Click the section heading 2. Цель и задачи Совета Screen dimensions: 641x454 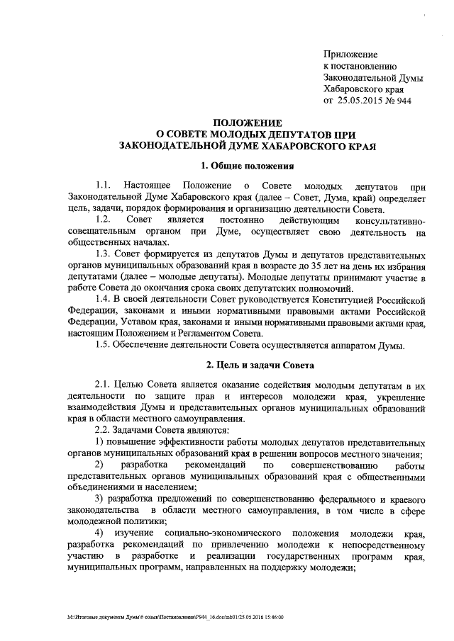(245, 365)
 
